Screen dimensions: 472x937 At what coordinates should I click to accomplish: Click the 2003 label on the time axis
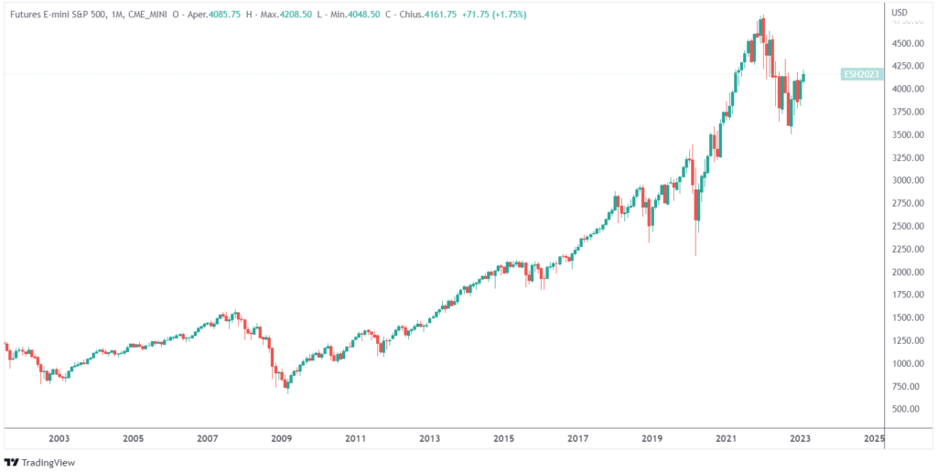tap(59, 439)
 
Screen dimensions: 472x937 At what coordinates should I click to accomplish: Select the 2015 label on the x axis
tap(503, 439)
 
